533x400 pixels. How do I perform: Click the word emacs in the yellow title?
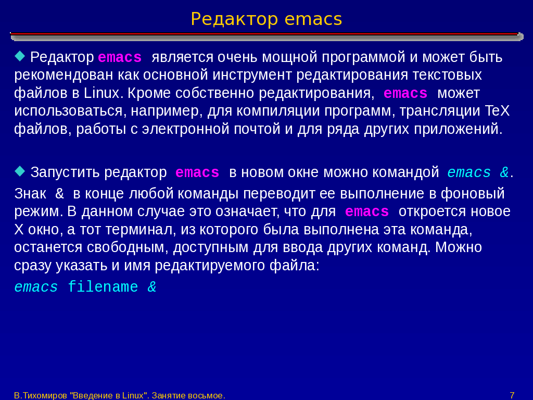point(313,19)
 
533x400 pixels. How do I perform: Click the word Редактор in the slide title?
point(234,20)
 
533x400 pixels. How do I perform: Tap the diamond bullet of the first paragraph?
point(20,56)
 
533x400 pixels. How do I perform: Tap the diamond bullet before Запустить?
point(20,171)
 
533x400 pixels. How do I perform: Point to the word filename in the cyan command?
point(103,287)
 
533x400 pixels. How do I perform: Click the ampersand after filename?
point(152,287)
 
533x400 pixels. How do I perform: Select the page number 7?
point(512,395)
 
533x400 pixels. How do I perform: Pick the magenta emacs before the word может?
point(405,93)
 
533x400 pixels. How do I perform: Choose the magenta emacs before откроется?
point(367,212)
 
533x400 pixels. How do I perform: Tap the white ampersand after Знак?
point(59,194)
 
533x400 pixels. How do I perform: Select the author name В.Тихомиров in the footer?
point(41,396)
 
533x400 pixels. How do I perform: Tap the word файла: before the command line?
point(295,265)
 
